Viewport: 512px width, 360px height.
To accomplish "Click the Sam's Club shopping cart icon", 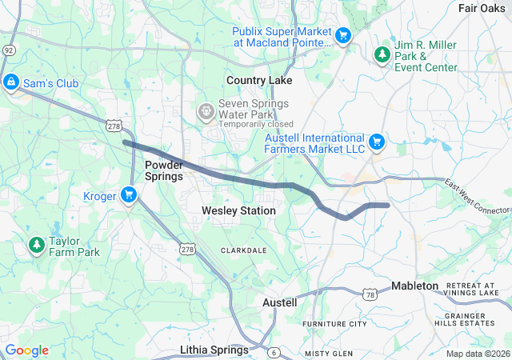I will tap(11, 82).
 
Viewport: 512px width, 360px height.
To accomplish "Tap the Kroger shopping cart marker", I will tap(129, 195).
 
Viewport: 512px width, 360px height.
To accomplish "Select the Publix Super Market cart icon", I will tap(343, 35).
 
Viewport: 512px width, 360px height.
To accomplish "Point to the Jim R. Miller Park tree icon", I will tap(382, 54).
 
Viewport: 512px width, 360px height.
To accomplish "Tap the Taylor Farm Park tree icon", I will tap(36, 244).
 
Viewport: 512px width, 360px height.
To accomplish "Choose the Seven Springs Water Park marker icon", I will tap(206, 110).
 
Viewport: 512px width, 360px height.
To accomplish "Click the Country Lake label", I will tap(259, 80).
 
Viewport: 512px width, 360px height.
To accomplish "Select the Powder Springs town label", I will tap(165, 170).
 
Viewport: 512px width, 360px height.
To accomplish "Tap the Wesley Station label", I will tap(238, 210).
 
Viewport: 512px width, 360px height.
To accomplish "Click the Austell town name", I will tap(280, 302).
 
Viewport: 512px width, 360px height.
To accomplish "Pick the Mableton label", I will tap(414, 286).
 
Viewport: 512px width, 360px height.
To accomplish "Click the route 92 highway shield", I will tap(8, 50).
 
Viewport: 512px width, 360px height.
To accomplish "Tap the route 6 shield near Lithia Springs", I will tap(274, 352).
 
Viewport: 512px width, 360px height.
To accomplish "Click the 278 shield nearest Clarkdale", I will tap(186, 248).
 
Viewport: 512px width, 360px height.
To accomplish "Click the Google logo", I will tap(26, 350).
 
